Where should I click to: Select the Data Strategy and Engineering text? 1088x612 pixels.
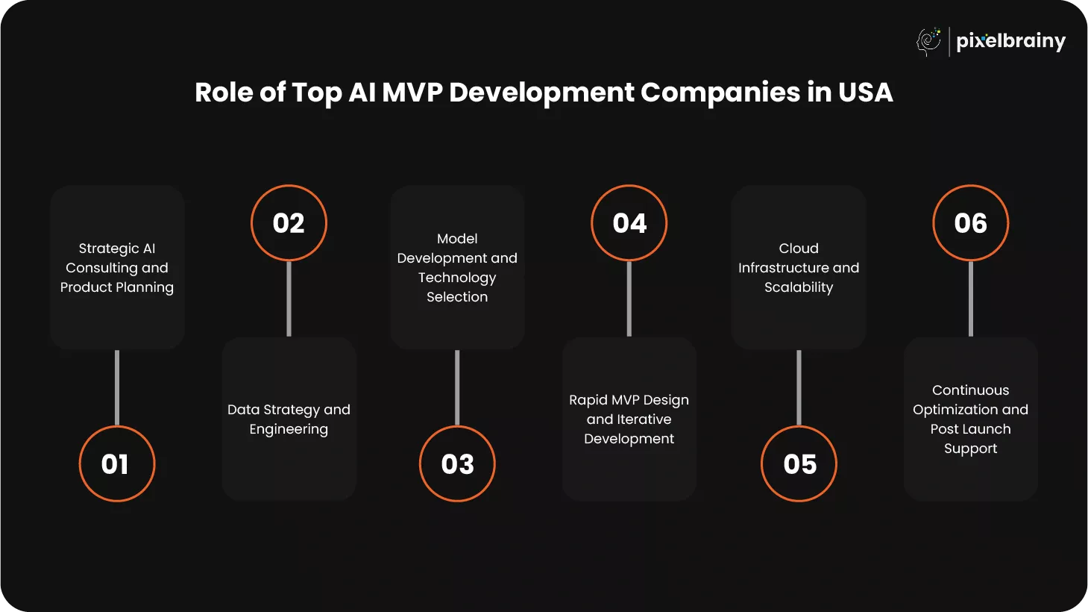point(289,419)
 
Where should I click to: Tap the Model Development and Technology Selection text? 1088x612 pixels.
point(457,268)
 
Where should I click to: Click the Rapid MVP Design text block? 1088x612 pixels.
point(629,419)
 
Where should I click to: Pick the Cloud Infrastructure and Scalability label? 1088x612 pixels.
point(799,268)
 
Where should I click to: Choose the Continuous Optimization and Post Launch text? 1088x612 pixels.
point(970,419)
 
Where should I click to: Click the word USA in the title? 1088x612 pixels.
point(866,92)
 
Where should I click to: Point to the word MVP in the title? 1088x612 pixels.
point(412,92)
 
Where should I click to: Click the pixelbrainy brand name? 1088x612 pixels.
point(1010,41)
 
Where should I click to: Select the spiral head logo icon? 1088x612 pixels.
point(928,42)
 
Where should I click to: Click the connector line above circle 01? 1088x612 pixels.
point(117,387)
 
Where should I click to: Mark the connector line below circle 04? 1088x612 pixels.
point(629,299)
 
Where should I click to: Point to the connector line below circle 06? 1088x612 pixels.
point(970,299)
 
